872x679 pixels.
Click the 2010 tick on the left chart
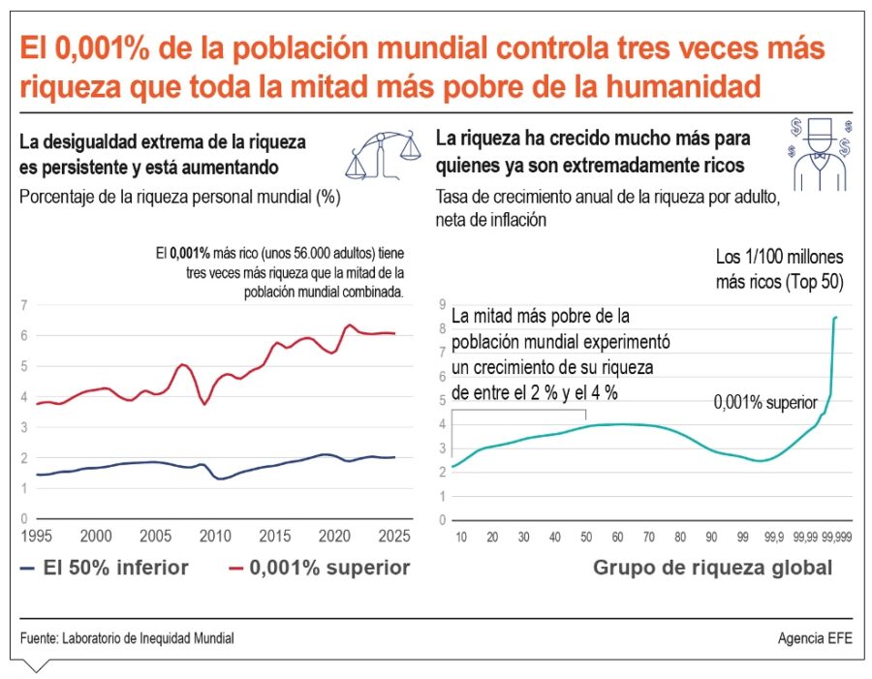pos(215,536)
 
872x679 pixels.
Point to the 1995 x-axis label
pos(36,536)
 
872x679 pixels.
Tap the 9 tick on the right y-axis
pos(442,305)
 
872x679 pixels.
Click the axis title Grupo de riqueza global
pos(712,569)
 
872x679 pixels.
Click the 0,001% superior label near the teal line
pos(758,401)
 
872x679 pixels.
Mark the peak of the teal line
pos(836,317)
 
